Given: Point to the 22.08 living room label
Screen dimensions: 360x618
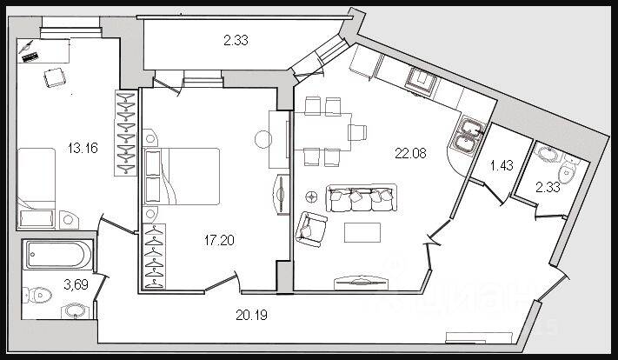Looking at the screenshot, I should click(x=410, y=155).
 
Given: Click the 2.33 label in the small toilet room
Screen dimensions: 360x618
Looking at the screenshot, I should click(x=548, y=186).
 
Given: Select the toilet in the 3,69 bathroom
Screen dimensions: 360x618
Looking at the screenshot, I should click(x=36, y=293).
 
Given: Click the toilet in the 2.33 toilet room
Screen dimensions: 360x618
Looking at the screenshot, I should click(x=570, y=170).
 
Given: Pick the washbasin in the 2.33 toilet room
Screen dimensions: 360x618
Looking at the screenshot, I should click(x=548, y=154).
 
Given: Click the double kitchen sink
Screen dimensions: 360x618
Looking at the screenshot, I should click(x=468, y=131).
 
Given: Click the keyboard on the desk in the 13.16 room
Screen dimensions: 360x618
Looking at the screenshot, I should click(x=30, y=55).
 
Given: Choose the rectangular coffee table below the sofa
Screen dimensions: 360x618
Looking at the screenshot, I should click(x=362, y=232).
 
